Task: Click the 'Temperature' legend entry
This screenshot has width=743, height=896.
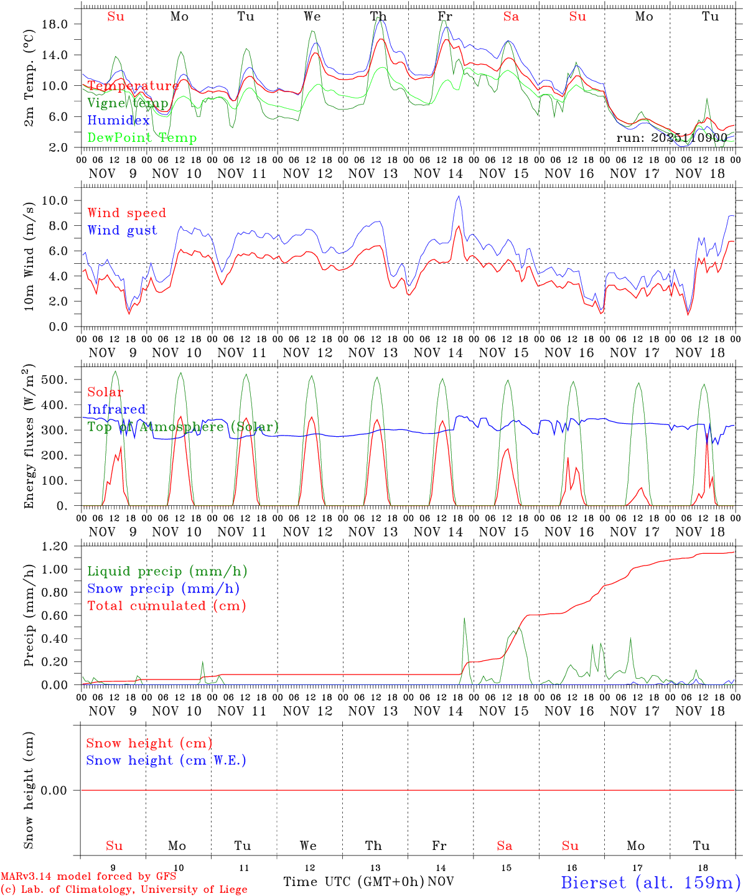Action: [x=133, y=86]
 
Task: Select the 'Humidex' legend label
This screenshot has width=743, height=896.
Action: [x=118, y=120]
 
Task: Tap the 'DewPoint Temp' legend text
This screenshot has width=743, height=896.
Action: [x=142, y=138]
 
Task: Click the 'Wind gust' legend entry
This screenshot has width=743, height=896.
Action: [x=122, y=230]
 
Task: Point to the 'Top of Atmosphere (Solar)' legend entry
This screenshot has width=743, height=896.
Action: [x=183, y=427]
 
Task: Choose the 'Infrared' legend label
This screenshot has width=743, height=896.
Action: [x=116, y=409]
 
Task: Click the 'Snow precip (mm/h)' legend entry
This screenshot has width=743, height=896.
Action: [x=163, y=589]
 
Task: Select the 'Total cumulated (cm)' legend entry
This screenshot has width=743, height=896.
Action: [x=166, y=605]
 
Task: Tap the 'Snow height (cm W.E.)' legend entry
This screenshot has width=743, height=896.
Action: [x=166, y=760]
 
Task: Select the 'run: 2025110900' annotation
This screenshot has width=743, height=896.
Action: [x=671, y=138]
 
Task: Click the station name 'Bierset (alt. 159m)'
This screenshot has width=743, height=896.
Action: [x=650, y=882]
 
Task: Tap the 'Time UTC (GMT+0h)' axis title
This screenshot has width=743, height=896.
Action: [x=353, y=881]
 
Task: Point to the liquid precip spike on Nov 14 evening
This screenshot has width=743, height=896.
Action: [x=464, y=618]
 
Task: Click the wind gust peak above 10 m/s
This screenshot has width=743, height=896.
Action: [x=459, y=197]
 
